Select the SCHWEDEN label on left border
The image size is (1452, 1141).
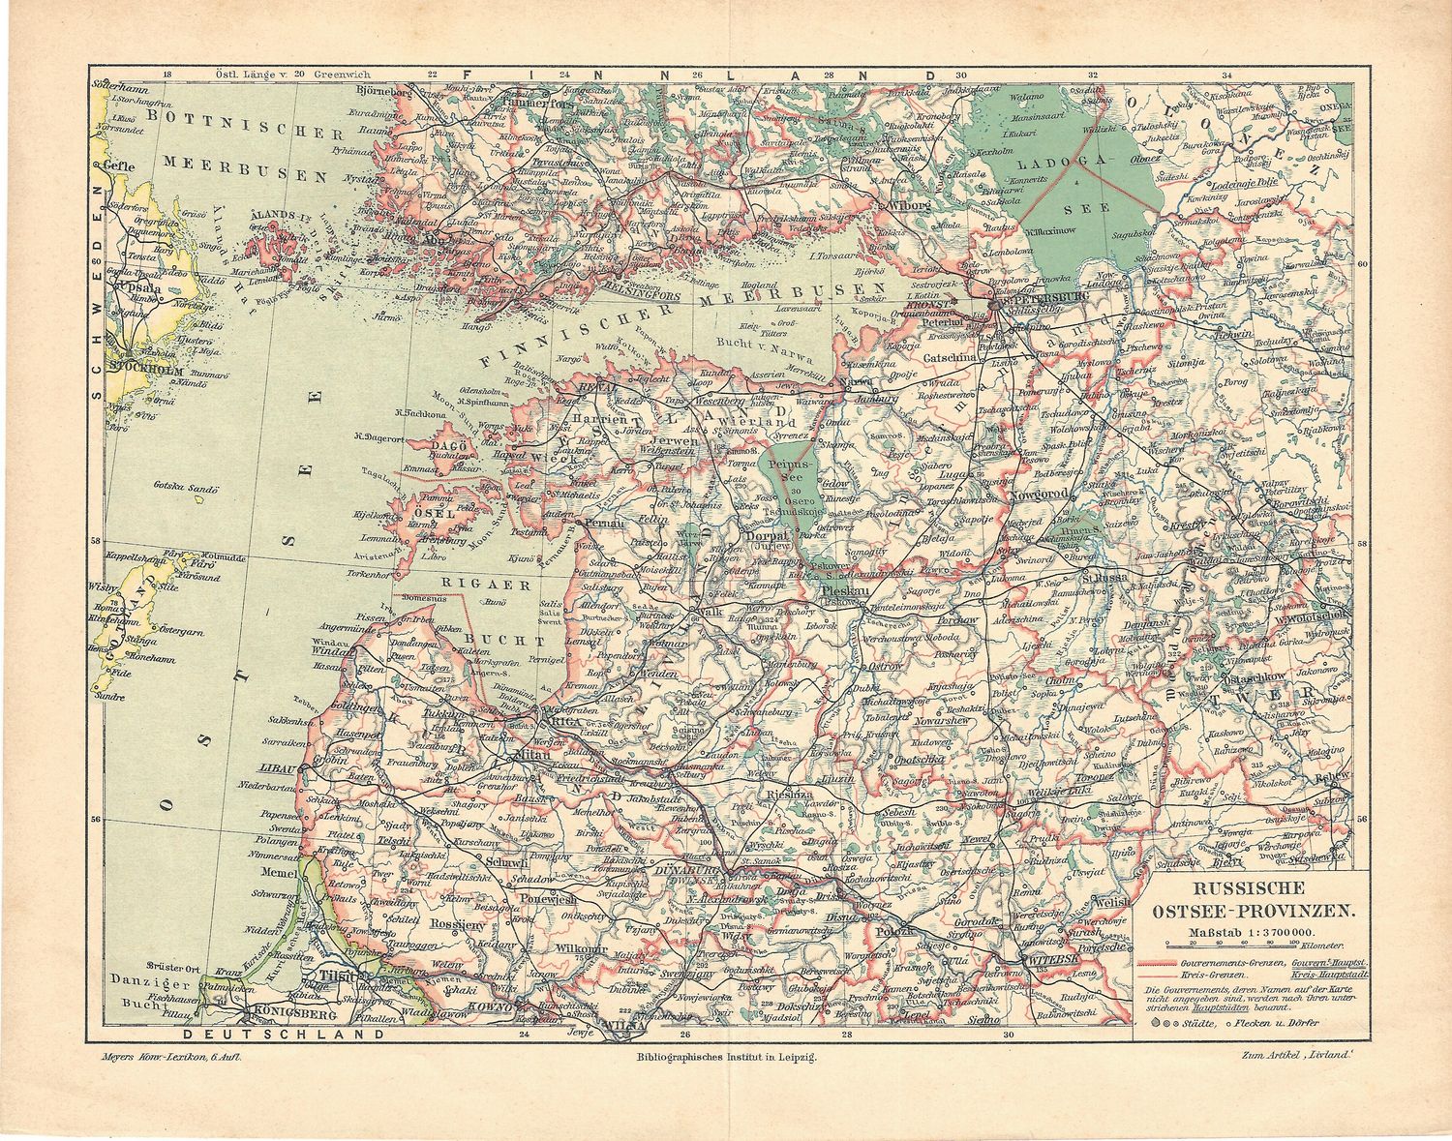click(96, 290)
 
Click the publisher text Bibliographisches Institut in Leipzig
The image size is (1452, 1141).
click(722, 1059)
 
